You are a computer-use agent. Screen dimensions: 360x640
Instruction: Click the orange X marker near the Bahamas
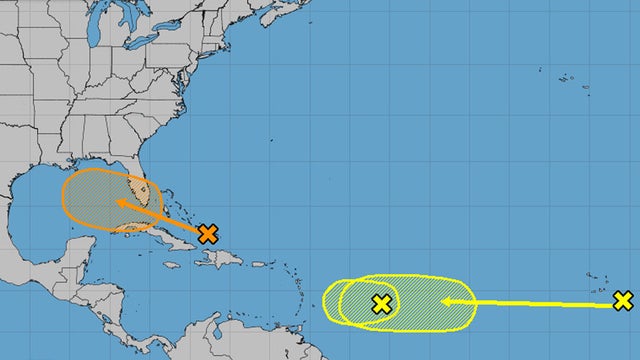207,234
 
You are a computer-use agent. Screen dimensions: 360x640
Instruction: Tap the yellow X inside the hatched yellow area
380,304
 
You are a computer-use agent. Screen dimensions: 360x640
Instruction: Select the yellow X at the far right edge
623,300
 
